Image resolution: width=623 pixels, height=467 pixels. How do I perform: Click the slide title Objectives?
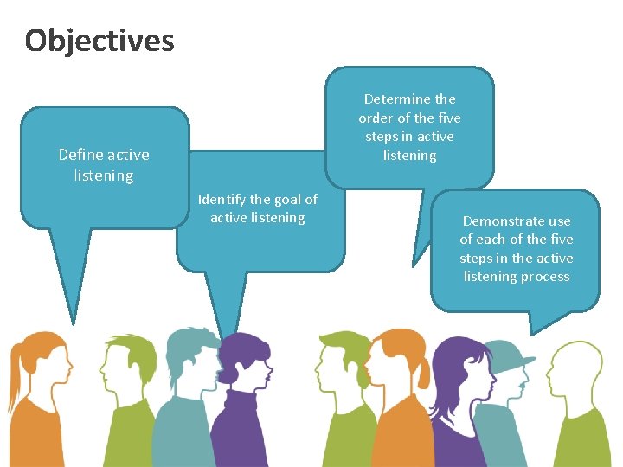pos(100,41)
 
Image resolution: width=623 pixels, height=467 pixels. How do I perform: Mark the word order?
pos(376,118)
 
